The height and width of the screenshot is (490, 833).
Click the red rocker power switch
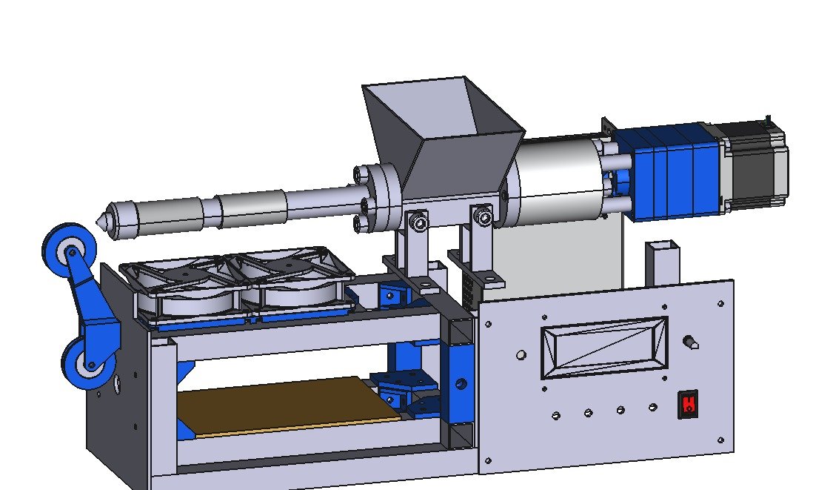click(x=688, y=405)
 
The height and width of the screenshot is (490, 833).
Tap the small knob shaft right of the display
click(x=692, y=342)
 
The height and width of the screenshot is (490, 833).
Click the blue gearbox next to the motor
click(x=670, y=173)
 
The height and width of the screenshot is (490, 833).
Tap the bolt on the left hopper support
click(x=420, y=223)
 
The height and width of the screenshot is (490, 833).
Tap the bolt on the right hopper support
click(x=483, y=217)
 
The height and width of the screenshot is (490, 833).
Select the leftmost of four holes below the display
click(x=556, y=416)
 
